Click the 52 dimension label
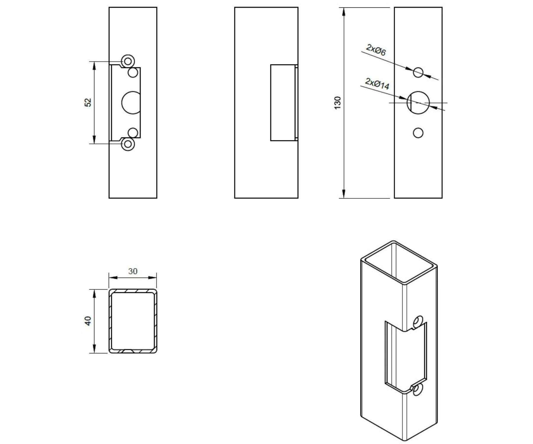pyautogui.click(x=88, y=102)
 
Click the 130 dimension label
pyautogui.click(x=338, y=103)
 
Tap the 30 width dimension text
pyautogui.click(x=133, y=271)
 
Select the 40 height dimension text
pyautogui.click(x=88, y=321)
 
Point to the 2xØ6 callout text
pyautogui.click(x=376, y=50)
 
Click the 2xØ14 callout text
pyautogui.click(x=377, y=83)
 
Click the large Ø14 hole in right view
pyautogui.click(x=418, y=102)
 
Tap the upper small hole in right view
pyautogui.click(x=418, y=72)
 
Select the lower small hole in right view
pyautogui.click(x=418, y=133)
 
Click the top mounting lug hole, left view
pyautogui.click(x=128, y=62)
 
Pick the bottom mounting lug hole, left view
pyautogui.click(x=128, y=144)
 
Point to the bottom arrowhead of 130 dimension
pyautogui.click(x=344, y=194)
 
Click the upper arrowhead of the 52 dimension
pyautogui.click(x=94, y=66)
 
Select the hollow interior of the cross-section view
pyautogui.click(x=133, y=321)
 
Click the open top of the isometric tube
pyautogui.click(x=399, y=262)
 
